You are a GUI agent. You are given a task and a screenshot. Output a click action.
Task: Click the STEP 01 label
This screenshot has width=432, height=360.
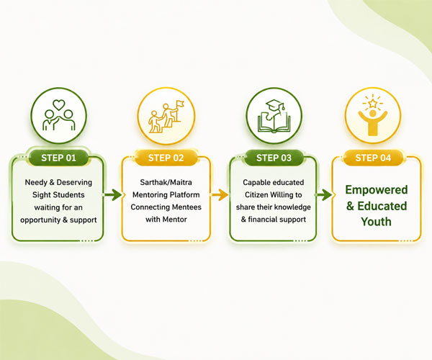(x=58, y=158)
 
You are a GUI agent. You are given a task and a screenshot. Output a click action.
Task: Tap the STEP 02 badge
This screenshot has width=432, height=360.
(x=166, y=158)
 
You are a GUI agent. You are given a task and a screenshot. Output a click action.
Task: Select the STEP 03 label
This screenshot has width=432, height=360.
(x=274, y=158)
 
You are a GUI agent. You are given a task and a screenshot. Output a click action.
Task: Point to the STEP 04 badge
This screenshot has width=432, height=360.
(x=373, y=158)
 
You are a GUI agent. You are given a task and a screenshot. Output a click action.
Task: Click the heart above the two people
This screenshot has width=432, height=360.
(x=59, y=105)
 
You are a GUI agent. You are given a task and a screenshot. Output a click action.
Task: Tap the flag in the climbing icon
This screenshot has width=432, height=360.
(x=181, y=104)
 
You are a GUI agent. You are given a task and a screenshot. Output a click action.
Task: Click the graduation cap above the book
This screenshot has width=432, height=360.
(x=274, y=106)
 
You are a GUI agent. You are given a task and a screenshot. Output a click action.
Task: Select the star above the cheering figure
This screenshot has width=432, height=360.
(x=373, y=103)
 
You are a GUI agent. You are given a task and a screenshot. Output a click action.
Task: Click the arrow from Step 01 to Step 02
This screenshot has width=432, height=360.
(x=113, y=194)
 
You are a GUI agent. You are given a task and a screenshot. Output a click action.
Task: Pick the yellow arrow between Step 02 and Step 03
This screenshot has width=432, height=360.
(x=220, y=194)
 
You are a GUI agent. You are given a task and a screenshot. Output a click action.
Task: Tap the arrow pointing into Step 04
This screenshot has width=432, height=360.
(x=323, y=194)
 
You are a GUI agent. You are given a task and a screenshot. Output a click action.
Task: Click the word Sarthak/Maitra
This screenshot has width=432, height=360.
(x=166, y=182)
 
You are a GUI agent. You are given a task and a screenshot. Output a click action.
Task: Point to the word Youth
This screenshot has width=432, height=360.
(x=376, y=222)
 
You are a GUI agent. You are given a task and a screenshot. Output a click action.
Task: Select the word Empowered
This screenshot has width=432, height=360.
(x=377, y=190)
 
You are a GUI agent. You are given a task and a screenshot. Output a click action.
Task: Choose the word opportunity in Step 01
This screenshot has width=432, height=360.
(x=40, y=220)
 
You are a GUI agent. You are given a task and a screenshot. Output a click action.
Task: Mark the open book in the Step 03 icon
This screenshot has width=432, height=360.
(x=274, y=122)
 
